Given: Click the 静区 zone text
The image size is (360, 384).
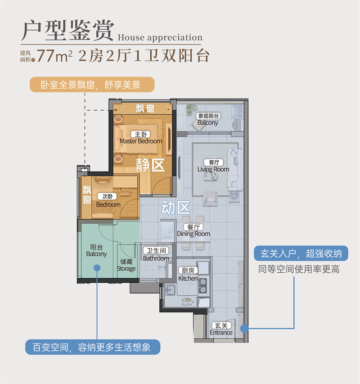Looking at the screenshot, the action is (150, 165).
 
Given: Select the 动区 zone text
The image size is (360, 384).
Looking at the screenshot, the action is (175, 208).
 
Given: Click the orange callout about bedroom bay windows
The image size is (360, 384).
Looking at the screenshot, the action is (92, 85).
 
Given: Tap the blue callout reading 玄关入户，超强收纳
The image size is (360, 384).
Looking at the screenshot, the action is (301, 253).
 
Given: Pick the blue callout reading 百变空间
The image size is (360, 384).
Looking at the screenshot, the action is (93, 347).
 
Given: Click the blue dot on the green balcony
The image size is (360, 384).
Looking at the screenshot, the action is (97, 268).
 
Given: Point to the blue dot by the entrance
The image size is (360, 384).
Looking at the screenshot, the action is (244, 329).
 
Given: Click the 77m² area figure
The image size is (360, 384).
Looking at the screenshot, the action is (54, 56).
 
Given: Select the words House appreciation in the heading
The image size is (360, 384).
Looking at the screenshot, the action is (160, 37).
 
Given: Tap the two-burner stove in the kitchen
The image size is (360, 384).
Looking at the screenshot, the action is (203, 286).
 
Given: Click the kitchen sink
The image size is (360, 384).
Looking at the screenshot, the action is (170, 290).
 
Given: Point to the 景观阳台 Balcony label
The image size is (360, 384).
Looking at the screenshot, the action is (208, 119).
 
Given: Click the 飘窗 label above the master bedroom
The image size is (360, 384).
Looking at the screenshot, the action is (145, 108).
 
